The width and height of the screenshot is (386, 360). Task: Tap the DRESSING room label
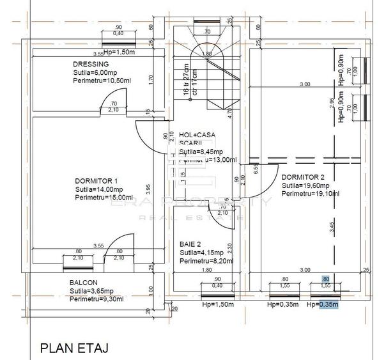tap(90, 65)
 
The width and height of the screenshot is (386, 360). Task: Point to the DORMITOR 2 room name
tap(304, 177)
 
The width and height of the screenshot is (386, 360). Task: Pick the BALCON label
tap(84, 283)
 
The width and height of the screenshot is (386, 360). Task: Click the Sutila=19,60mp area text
tap(304, 185)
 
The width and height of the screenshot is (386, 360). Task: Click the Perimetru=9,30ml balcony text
tap(96, 299)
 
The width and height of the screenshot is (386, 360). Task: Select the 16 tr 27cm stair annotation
tap(187, 79)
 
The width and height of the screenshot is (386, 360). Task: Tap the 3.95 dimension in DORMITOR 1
tap(148, 189)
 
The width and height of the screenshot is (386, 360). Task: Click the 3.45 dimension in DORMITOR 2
tap(330, 224)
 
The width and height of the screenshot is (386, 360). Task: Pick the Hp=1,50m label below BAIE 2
tap(217, 305)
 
